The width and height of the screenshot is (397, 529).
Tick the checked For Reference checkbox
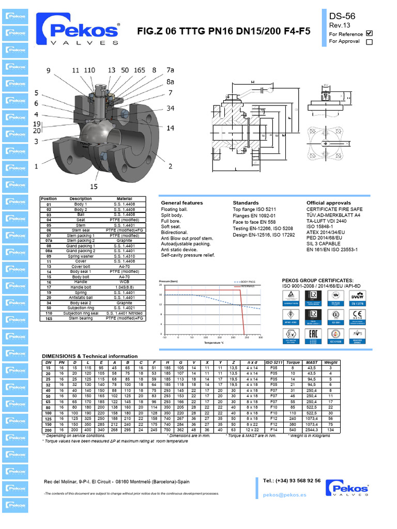coord(369,33)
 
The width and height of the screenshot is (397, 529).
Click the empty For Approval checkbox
coord(369,42)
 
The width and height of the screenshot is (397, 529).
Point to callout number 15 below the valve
coord(94,186)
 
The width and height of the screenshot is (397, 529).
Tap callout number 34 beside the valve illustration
coord(170,108)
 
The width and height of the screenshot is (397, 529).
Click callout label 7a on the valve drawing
coord(170,70)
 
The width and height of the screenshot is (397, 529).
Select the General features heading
coord(182,203)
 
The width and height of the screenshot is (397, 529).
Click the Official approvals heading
coord(328,203)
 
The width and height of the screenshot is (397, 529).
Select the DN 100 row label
coord(48,414)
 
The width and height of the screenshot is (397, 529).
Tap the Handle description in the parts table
coord(80,282)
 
